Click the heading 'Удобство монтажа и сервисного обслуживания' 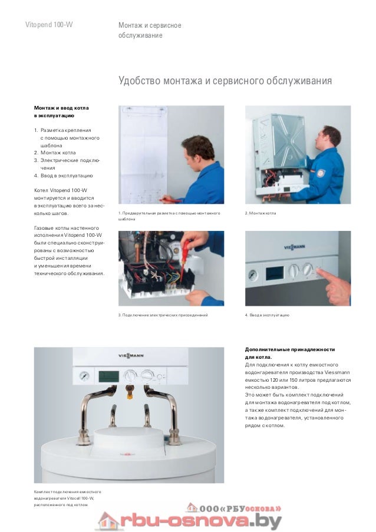click(225, 80)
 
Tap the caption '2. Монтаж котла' click(260, 212)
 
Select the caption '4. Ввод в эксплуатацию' click(266, 315)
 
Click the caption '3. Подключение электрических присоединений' click(163, 315)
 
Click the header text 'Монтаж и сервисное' click(149, 25)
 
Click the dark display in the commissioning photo click(274, 273)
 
